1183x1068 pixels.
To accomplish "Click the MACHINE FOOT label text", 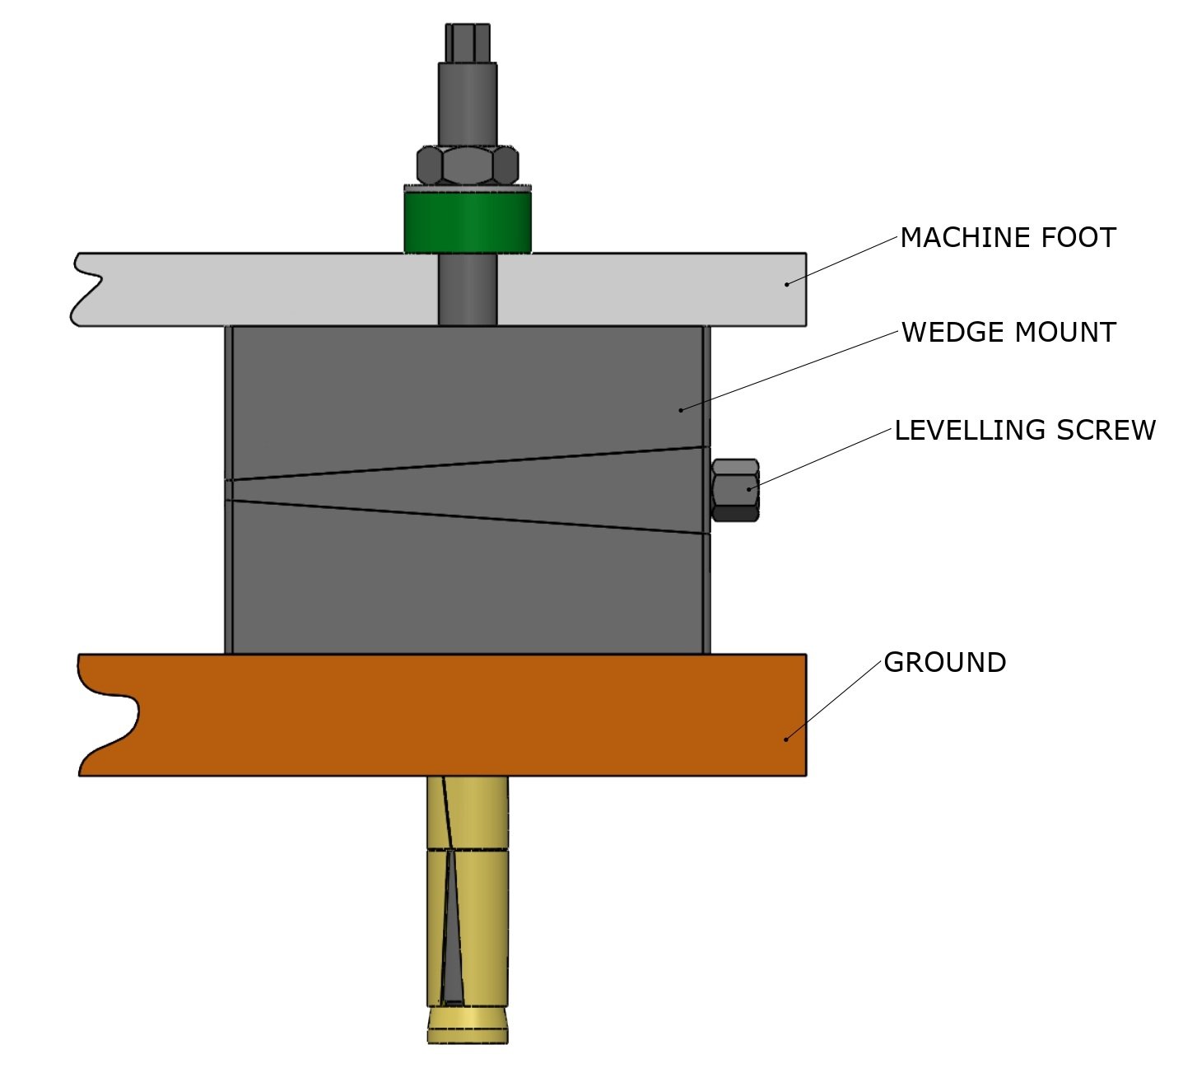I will pos(1008,238).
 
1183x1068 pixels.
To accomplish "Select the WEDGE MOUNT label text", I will pos(1008,333).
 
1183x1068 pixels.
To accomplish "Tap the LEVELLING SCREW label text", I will pos(1025,430).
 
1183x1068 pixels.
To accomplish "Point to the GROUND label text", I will pos(944,663).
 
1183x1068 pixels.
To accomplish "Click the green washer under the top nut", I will pos(467,221).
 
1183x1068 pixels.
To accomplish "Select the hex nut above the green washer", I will pos(467,166).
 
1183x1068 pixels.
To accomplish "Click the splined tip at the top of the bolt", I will pos(467,42).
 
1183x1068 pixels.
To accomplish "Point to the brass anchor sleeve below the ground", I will pos(468,889).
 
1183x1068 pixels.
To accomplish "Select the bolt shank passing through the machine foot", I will pos(467,288).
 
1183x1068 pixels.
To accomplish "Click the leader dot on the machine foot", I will pos(786,284).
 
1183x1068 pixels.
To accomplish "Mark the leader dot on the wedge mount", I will pos(681,409).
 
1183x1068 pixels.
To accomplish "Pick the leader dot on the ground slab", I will pos(786,739).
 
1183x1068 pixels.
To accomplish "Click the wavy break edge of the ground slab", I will pos(107,715).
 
